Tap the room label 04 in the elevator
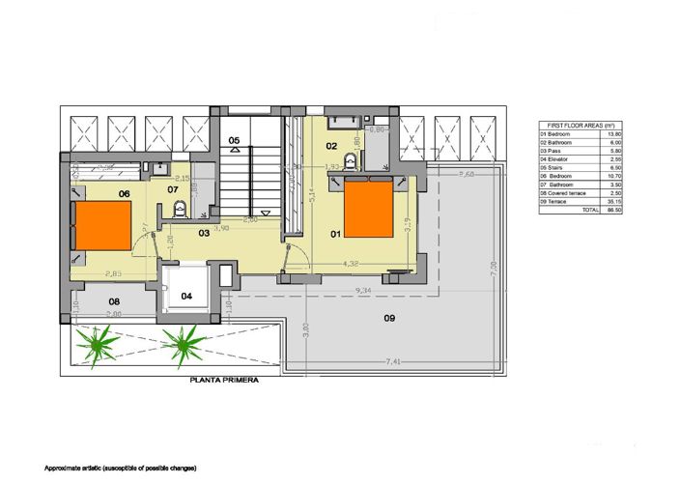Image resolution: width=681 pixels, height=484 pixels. click(x=186, y=296)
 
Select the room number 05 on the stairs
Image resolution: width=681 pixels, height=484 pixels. click(x=234, y=141)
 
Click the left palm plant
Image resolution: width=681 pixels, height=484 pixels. click(x=97, y=342)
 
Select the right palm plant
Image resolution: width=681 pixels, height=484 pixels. click(x=181, y=340)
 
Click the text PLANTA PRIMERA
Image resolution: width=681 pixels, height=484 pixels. click(x=224, y=381)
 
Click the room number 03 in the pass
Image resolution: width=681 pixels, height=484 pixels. click(x=205, y=233)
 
